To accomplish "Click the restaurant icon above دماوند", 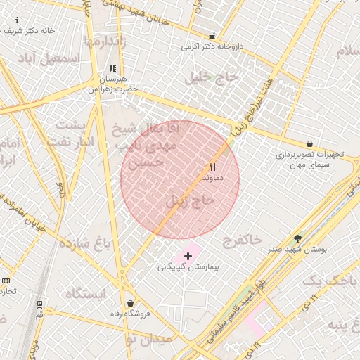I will (x=212, y=167).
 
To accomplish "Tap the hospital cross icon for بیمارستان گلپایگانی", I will (x=188, y=256).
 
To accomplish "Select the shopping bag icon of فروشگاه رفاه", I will (x=130, y=303).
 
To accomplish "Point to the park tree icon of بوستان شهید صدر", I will (x=297, y=238).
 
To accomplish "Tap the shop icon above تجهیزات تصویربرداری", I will (x=309, y=143).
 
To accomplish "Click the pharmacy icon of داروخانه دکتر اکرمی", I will (x=212, y=36).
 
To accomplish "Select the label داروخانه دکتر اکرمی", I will (x=212, y=47).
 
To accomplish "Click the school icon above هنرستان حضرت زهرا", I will (x=112, y=69).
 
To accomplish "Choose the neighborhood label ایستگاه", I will (x=84, y=293).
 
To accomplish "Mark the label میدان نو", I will (x=148, y=339).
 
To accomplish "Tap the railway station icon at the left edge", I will (x=39, y=305).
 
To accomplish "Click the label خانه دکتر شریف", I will (x=28, y=31).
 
